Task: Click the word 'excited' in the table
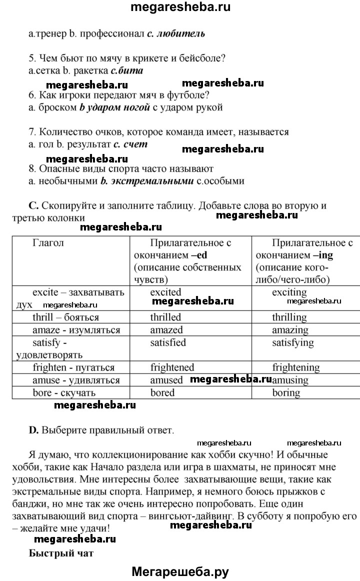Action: (x=165, y=292)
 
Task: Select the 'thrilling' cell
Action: (x=289, y=317)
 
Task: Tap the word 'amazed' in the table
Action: (x=166, y=330)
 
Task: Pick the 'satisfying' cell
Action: (x=293, y=343)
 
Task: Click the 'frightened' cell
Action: (x=172, y=367)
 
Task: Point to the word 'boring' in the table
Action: (x=286, y=393)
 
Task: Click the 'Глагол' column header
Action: (x=48, y=243)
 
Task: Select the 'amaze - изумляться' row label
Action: (x=76, y=330)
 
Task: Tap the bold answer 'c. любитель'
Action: (x=176, y=34)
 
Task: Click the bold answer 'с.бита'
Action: (x=127, y=70)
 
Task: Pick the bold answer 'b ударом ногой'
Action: (x=114, y=107)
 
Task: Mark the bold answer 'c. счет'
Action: (x=130, y=144)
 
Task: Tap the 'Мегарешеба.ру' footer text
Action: (x=180, y=572)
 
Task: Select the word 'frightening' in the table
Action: (x=295, y=367)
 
